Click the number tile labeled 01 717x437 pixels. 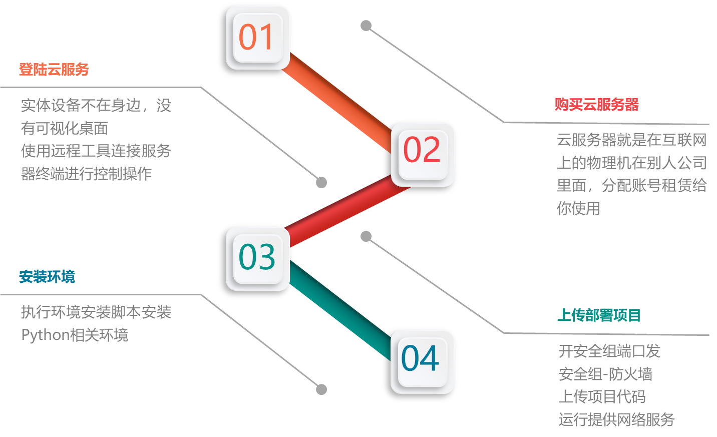[258, 38]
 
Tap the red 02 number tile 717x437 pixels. [423, 154]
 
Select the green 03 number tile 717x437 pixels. [258, 258]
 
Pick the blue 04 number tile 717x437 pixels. [422, 361]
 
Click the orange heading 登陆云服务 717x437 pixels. [54, 70]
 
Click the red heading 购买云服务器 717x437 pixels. [596, 105]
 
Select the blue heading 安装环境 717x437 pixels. [47, 277]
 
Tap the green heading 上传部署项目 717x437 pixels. [599, 315]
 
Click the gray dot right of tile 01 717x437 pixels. [366, 26]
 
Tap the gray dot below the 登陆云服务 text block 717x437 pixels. [321, 183]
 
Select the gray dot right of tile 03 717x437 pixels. [366, 236]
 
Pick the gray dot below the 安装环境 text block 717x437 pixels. [321, 389]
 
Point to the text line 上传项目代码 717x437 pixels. [602, 397]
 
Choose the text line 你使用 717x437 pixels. [578, 208]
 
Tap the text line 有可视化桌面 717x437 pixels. [65, 129]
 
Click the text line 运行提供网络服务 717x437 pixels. [616, 419]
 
